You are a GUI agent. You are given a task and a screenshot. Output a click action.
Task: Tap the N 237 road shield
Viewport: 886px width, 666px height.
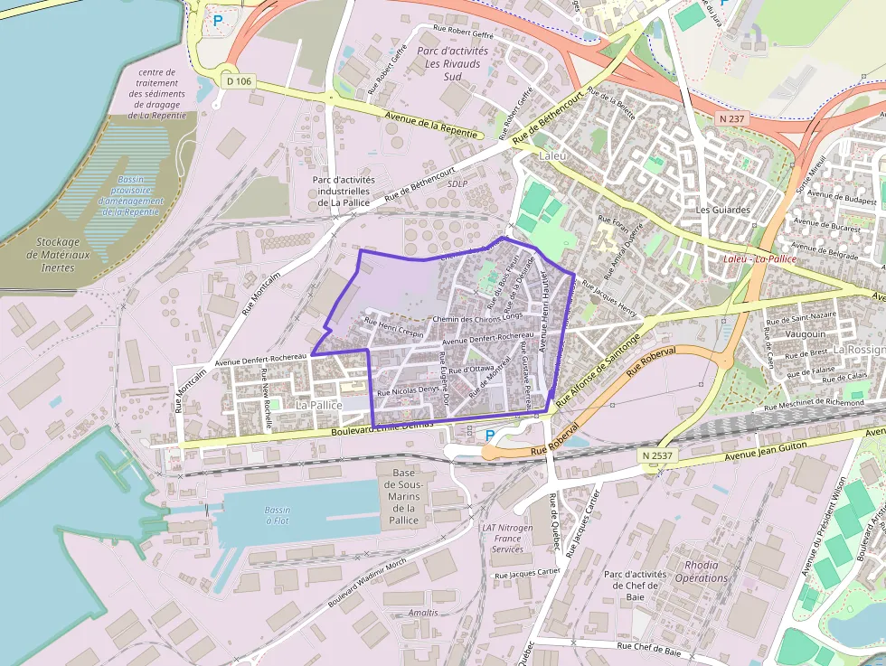click(x=730, y=118)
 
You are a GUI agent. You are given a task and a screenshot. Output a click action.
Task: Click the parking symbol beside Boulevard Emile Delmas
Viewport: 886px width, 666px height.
click(x=490, y=436)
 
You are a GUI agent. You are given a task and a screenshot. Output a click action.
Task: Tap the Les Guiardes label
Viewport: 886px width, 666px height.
click(x=723, y=210)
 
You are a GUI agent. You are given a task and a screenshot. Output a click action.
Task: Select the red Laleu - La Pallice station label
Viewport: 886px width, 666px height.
click(x=760, y=258)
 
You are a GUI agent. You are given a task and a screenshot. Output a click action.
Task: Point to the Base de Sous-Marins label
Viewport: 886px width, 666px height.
click(x=403, y=496)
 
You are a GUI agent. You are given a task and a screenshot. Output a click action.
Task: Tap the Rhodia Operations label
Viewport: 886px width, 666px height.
click(x=702, y=571)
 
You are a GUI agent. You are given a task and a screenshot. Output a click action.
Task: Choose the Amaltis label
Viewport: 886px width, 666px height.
click(x=423, y=613)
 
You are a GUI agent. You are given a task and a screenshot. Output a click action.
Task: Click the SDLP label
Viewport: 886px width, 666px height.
click(x=458, y=183)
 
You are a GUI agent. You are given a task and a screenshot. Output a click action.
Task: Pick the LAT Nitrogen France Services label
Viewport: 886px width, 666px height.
click(x=507, y=538)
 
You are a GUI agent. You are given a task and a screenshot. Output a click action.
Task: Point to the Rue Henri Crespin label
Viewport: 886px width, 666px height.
click(x=393, y=327)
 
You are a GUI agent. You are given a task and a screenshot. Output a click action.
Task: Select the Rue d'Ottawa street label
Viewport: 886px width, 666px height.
click(x=469, y=369)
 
